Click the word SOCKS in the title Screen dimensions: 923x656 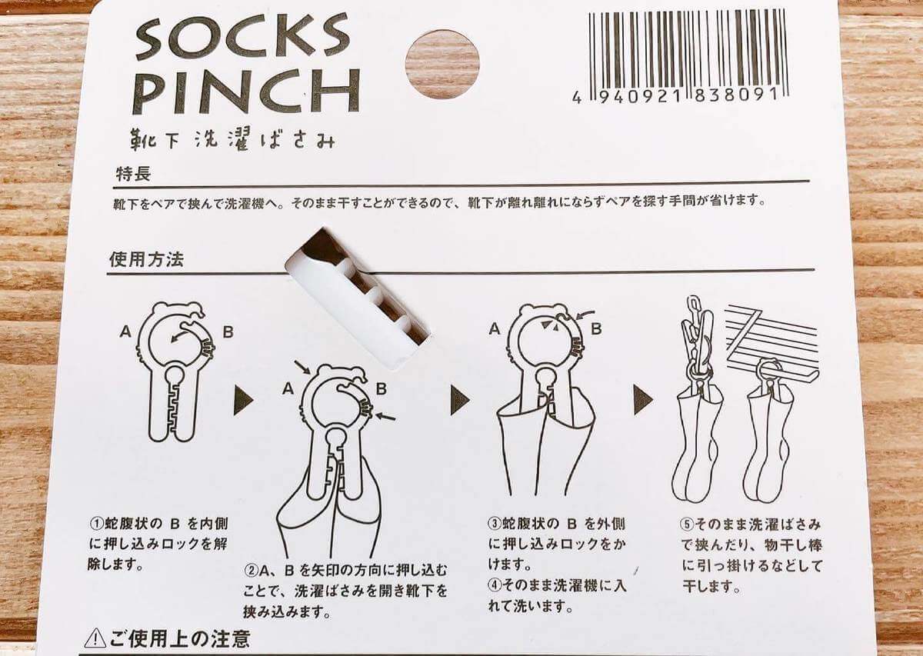243,37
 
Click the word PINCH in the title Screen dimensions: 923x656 247,92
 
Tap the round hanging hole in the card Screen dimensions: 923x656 442,64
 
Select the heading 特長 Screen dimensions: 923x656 133,175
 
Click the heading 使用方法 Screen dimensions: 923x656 146,260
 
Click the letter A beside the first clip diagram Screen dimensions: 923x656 125,331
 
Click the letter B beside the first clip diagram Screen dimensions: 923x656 228,331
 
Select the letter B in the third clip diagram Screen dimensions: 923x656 596,328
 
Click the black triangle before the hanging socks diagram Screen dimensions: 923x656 643,399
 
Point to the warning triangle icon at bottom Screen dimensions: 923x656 95,638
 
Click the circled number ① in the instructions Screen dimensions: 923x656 97,524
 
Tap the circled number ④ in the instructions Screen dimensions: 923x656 495,585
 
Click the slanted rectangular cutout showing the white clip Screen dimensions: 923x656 358,295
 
